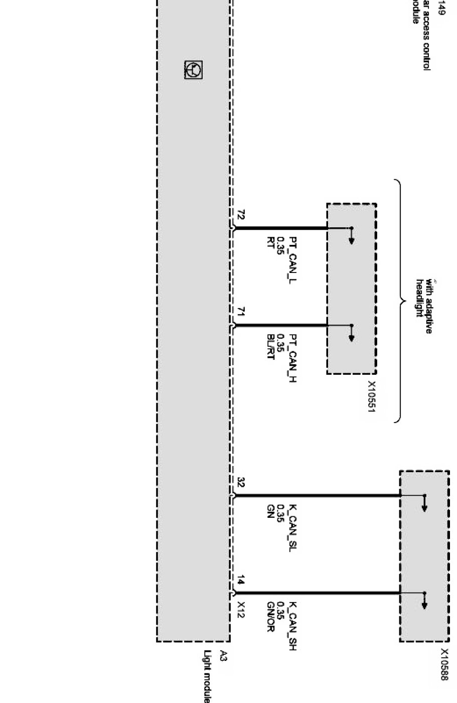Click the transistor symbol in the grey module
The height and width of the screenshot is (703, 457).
(x=193, y=70)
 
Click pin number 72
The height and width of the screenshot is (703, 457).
(x=240, y=216)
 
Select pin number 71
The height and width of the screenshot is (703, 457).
(x=240, y=313)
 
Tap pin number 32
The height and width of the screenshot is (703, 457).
(x=240, y=483)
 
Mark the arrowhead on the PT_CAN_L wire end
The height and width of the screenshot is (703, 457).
(x=352, y=240)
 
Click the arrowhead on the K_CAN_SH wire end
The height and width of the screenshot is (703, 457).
(x=424, y=605)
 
